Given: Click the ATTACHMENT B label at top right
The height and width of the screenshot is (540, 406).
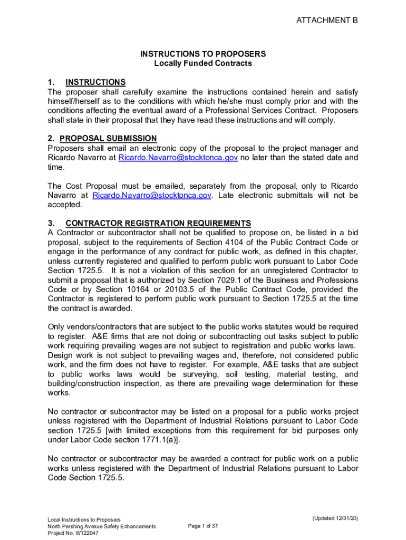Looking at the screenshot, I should pyautogui.click(x=327, y=21).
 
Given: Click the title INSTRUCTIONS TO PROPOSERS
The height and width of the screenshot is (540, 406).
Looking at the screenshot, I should pyautogui.click(x=202, y=54).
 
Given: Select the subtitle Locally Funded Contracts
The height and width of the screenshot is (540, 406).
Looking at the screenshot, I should pyautogui.click(x=202, y=63).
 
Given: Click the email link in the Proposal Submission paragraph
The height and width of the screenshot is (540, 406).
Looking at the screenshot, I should pyautogui.click(x=178, y=158).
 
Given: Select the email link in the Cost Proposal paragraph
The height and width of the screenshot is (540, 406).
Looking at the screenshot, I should pyautogui.click(x=152, y=195).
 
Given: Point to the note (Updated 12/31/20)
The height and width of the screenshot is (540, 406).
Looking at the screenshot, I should pyautogui.click(x=335, y=518).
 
